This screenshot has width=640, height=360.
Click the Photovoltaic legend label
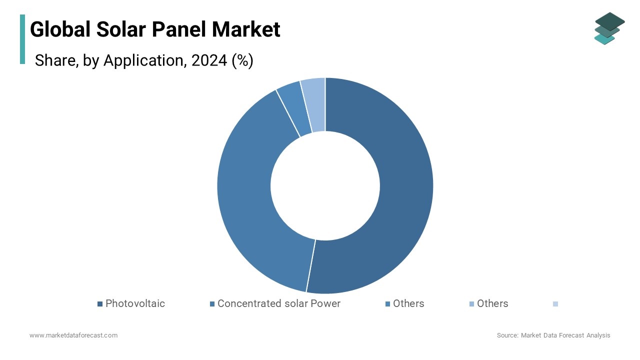tap(135, 303)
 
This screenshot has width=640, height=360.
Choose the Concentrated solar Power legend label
tap(278, 303)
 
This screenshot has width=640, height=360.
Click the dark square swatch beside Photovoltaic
tap(100, 304)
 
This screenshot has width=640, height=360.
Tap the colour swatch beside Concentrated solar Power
tap(212, 304)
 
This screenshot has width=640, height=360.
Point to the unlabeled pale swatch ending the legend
tap(555, 304)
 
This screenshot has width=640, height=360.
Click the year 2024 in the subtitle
tap(209, 60)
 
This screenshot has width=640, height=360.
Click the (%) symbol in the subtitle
tap(242, 60)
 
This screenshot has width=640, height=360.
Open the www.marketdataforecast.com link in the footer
tap(73, 335)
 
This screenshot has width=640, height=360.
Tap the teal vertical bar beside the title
tap(22, 39)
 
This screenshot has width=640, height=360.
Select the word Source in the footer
tap(506, 335)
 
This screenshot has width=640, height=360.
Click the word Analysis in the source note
tap(597, 335)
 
